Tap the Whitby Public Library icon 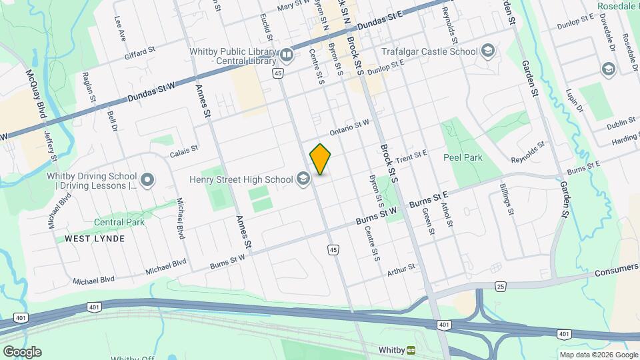click(287, 54)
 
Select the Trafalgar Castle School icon click(488, 51)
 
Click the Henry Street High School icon click(303, 179)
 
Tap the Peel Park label click(463, 157)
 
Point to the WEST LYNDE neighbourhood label click(86, 238)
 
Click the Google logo click(21, 352)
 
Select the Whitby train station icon click(412, 349)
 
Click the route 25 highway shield click(501, 286)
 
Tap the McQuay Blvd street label click(36, 95)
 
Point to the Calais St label click(184, 149)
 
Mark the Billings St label click(506, 199)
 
